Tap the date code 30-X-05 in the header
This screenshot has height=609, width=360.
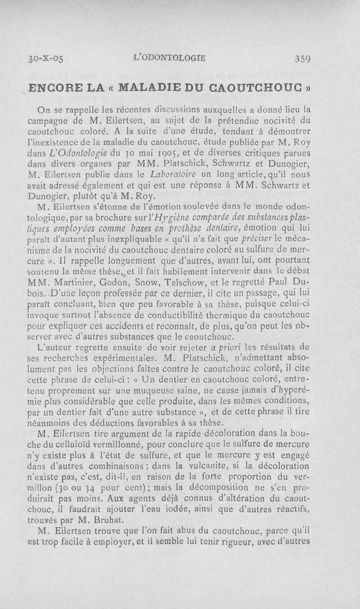click(x=45, y=59)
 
